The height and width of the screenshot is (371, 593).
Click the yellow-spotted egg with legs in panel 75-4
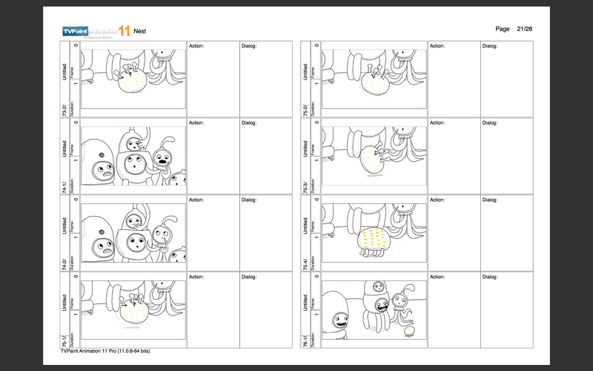pyautogui.click(x=373, y=240)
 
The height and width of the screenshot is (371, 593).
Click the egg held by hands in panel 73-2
pyautogui.click(x=132, y=83)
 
